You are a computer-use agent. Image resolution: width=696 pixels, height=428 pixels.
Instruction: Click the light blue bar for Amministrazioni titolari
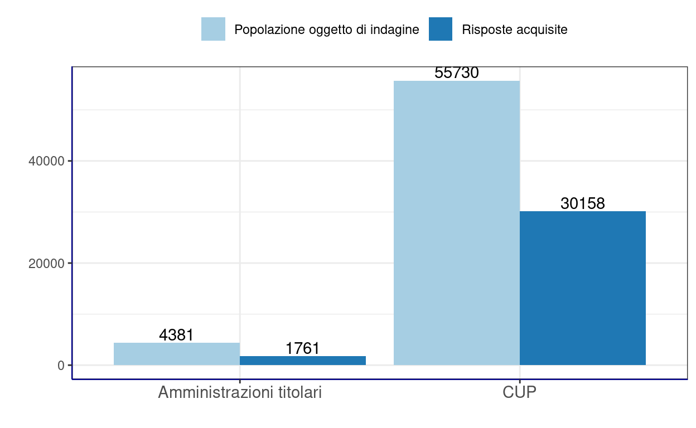177,354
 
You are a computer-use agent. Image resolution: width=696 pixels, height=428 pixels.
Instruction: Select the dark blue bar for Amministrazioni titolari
303,361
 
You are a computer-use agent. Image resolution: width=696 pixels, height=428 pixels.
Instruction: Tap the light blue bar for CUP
457,223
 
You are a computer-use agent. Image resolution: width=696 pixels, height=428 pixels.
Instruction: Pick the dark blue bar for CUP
583,288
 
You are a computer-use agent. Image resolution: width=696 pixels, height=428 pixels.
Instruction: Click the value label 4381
176,335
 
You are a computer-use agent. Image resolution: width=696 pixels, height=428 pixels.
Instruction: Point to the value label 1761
303,349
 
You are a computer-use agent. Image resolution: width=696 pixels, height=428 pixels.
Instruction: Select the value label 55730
457,73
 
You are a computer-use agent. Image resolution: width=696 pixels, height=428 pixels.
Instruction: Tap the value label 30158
583,204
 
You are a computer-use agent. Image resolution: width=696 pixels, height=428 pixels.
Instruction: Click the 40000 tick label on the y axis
46,161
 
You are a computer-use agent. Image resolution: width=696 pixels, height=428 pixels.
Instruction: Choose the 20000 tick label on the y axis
46,263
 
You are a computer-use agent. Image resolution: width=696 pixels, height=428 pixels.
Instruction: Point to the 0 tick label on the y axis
61,366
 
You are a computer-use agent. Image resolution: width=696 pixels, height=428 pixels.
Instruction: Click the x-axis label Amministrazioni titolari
240,393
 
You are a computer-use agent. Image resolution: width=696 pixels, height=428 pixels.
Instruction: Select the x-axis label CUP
520,393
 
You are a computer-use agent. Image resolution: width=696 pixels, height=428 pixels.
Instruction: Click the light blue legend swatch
213,29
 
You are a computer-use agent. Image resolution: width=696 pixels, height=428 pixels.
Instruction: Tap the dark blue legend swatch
441,29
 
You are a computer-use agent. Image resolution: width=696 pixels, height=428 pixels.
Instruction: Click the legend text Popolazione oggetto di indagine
326,30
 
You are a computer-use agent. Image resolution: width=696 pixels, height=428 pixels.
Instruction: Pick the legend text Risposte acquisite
515,30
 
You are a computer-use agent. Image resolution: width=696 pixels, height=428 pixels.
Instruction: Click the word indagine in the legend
396,30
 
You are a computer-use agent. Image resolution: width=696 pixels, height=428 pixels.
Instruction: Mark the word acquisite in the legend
542,30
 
